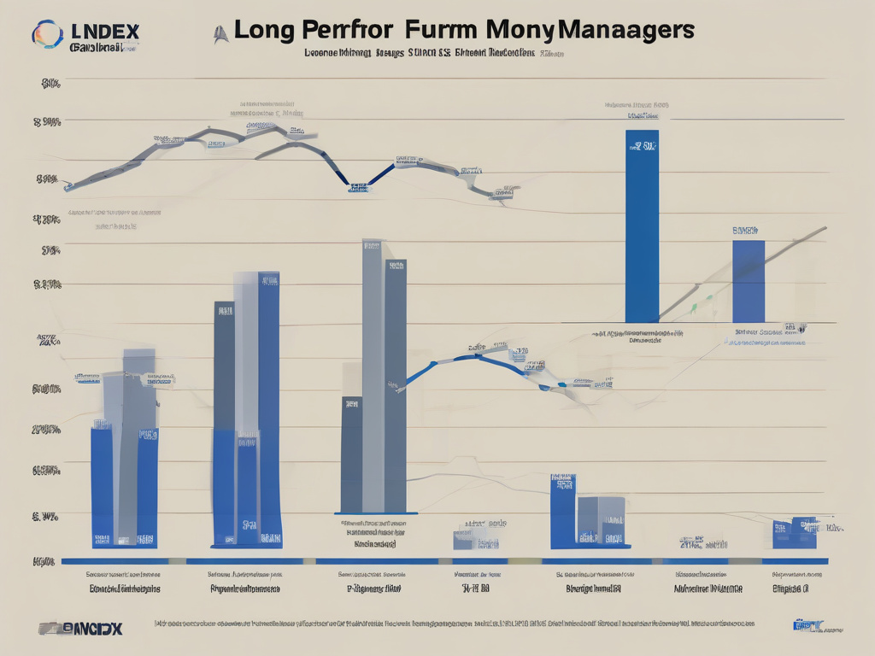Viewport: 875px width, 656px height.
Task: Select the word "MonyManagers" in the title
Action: click(590, 30)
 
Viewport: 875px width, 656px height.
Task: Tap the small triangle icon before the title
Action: click(220, 33)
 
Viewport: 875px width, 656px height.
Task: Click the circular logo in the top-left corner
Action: click(48, 35)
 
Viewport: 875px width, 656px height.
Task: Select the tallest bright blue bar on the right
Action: click(642, 226)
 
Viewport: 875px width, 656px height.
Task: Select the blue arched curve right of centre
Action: click(479, 359)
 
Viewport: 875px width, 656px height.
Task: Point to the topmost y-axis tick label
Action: click(50, 84)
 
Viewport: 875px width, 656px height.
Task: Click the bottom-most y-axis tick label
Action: click(44, 561)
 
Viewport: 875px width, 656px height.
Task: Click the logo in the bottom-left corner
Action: click(81, 628)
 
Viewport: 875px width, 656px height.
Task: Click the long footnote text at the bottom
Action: click(453, 625)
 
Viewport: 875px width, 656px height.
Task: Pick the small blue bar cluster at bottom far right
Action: click(794, 533)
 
